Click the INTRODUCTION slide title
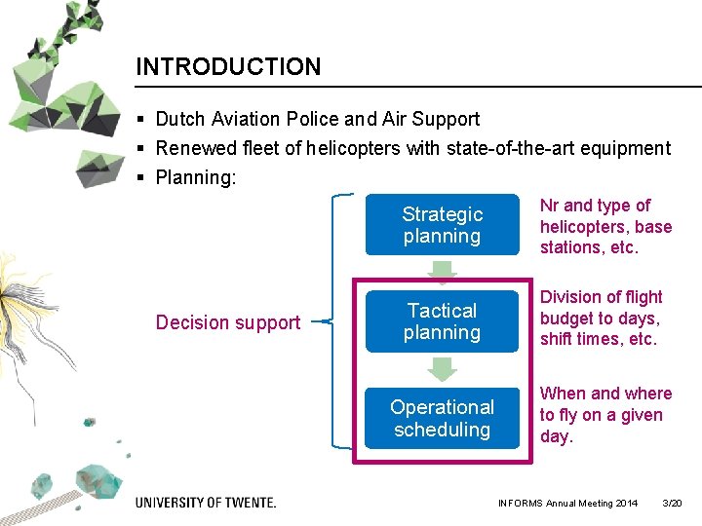[227, 67]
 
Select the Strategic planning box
[442, 225]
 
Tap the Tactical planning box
[442, 321]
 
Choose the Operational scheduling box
[442, 418]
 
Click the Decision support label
[228, 322]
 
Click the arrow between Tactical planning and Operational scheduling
[442, 368]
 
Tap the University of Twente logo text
[206, 503]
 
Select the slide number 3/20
[672, 504]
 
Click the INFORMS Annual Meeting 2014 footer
[567, 504]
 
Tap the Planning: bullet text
[196, 178]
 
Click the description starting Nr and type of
[605, 226]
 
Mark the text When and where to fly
[605, 415]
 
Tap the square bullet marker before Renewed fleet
[141, 149]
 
